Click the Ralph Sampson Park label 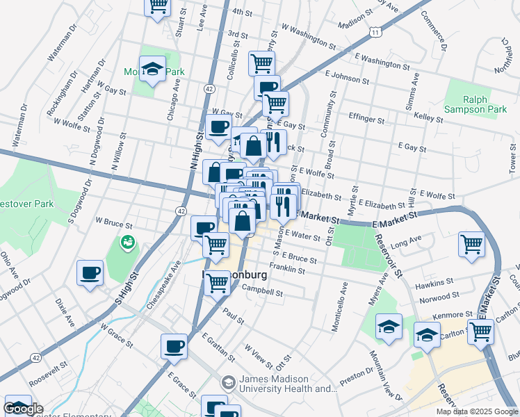486,104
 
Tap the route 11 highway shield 375,33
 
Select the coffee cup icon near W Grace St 174,345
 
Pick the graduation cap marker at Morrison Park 152,69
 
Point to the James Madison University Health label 283,384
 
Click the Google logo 23,409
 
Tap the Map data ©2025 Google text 477,411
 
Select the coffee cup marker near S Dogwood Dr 90,272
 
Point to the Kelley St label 428,119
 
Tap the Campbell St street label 262,292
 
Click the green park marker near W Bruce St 128,243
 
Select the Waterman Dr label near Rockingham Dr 60,45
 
